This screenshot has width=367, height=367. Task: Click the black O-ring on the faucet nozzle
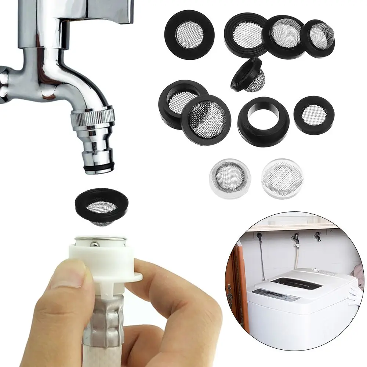(97, 167)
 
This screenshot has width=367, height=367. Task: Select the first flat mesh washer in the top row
(189, 35)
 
